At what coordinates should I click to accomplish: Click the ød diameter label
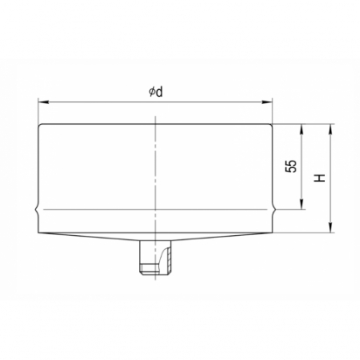click(156, 92)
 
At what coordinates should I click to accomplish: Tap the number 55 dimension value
click(291, 166)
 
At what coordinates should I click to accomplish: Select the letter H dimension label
click(320, 177)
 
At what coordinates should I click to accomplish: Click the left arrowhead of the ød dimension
click(43, 102)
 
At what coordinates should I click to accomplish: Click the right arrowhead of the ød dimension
click(267, 102)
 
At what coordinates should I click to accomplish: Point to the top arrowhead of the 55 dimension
click(301, 129)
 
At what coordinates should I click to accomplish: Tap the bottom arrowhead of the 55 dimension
click(301, 204)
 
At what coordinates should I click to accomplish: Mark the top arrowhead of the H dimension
click(330, 129)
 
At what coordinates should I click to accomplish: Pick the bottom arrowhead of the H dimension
click(330, 228)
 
